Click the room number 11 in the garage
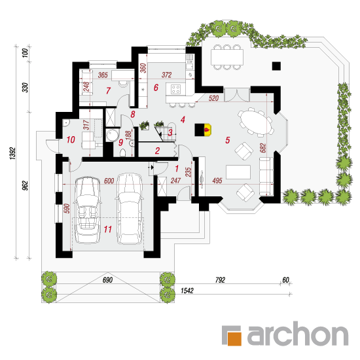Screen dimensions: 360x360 (108, 229)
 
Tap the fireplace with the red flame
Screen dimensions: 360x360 (203, 130)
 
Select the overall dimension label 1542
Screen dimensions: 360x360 (187, 291)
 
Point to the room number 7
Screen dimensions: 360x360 (108, 91)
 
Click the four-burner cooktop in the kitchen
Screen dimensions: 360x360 (176, 89)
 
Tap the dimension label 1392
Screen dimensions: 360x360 (12, 153)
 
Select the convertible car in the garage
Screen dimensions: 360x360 (88, 210)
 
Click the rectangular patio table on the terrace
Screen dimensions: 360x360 (227, 57)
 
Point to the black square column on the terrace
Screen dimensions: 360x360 (276, 66)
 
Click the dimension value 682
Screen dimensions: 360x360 (262, 148)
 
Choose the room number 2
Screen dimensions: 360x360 (157, 151)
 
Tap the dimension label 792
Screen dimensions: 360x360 (220, 280)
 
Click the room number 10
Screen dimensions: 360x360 (71, 139)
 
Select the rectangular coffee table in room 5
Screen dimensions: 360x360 (238, 172)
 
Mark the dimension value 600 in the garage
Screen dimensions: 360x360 (109, 181)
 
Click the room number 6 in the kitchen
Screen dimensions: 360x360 (156, 87)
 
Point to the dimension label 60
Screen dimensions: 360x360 (285, 280)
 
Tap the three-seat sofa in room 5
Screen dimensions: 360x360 (266, 176)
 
